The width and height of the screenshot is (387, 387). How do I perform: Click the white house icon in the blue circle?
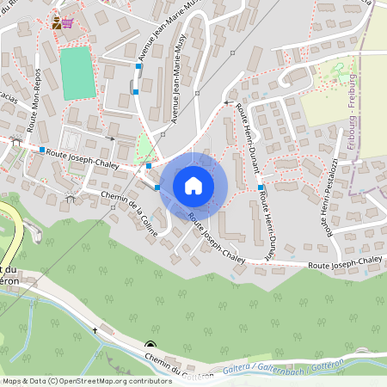point(193,186)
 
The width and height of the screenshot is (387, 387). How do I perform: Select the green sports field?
point(77,72)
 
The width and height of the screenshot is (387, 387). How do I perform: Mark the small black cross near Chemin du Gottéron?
point(95,329)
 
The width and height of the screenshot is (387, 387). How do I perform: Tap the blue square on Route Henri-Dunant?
point(260,187)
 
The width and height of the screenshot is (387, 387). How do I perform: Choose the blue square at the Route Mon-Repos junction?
point(41,150)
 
